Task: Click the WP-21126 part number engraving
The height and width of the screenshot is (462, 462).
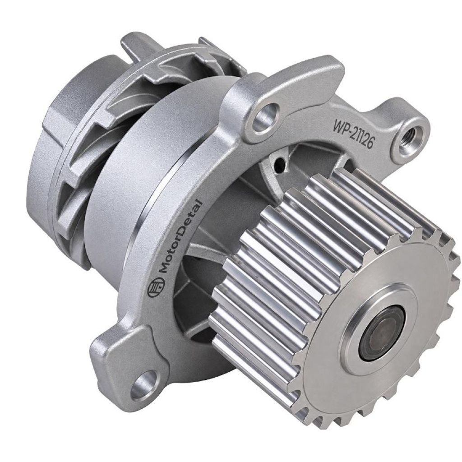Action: point(353,133)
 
